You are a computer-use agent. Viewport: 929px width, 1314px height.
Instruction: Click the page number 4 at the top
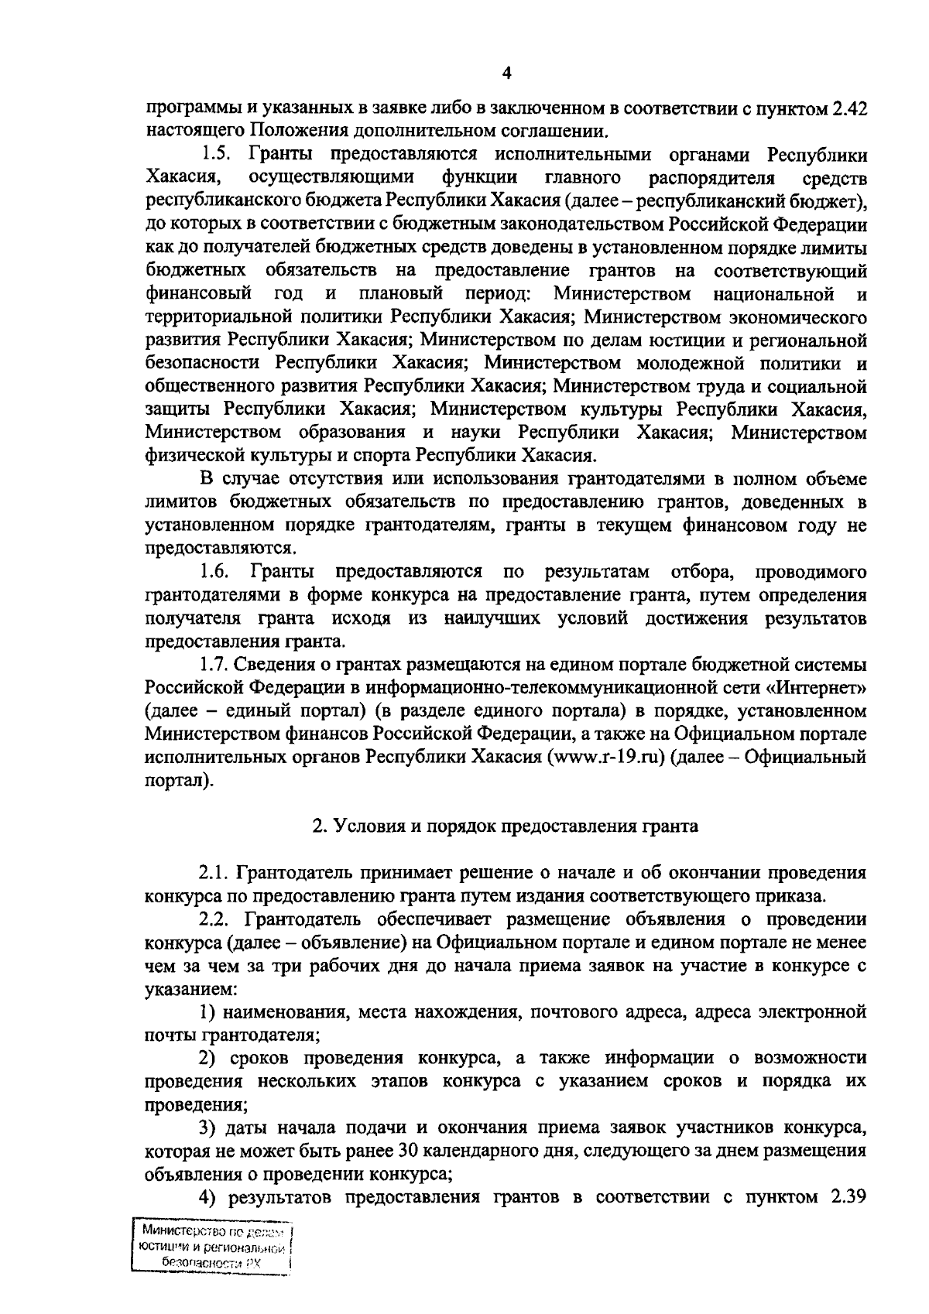pyautogui.click(x=507, y=74)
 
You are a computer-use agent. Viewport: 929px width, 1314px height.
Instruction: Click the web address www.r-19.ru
pyautogui.click(x=608, y=757)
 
